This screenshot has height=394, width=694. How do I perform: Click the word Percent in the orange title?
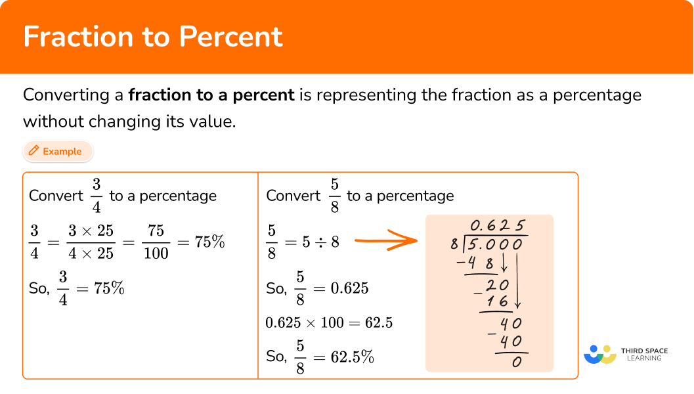pos(230,36)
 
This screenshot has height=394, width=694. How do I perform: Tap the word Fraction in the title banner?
pos(78,36)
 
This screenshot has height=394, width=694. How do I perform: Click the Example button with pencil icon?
pos(58,152)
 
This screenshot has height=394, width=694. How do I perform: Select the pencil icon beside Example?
pos(33,150)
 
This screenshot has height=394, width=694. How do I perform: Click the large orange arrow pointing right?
pos(386,240)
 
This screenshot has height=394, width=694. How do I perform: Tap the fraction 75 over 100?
pos(156,242)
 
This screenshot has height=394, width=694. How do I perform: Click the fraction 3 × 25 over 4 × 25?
pos(91,242)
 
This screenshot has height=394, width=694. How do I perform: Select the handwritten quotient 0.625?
pos(498,226)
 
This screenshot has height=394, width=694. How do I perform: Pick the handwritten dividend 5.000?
pos(495,244)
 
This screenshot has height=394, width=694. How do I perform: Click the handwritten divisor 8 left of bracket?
pos(454,244)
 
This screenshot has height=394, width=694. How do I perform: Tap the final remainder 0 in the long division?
pos(517,362)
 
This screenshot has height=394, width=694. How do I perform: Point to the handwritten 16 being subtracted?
pos(497,301)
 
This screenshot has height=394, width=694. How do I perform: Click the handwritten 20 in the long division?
pos(497,285)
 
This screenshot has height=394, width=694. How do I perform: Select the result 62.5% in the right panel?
pos(353,357)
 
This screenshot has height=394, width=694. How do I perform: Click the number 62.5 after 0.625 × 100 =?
pos(379,322)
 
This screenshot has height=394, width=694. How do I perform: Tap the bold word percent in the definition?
pos(263,95)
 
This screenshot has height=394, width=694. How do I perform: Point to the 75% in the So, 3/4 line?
pos(110,289)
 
